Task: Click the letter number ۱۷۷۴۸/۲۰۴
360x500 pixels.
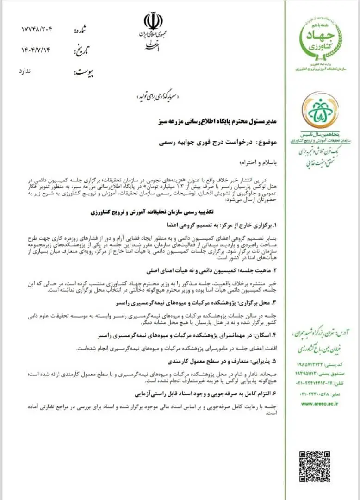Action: point(37,30)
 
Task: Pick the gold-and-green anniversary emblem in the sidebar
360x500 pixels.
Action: point(320,112)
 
